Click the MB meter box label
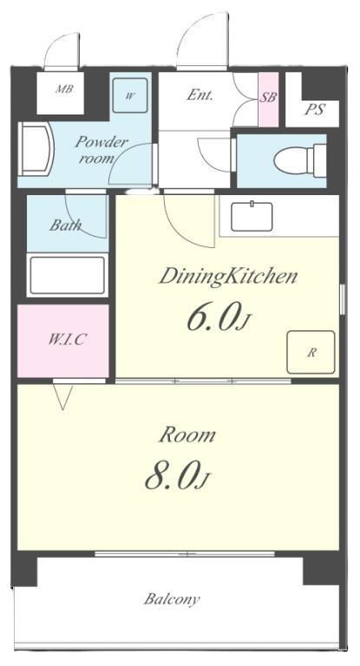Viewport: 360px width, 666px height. click(64, 89)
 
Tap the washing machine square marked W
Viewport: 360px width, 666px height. click(130, 95)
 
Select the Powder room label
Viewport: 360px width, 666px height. click(101, 150)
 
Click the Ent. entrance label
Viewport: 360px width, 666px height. click(200, 95)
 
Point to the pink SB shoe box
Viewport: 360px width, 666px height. click(268, 100)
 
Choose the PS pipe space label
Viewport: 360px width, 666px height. click(315, 110)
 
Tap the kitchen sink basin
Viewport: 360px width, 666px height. click(252, 217)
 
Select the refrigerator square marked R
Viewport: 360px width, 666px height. click(311, 353)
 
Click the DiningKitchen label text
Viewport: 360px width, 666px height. click(228, 277)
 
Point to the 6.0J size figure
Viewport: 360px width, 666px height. click(216, 318)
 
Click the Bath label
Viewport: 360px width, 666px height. click(65, 225)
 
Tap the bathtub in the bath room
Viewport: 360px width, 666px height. click(68, 275)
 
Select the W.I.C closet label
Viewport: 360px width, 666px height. click(68, 339)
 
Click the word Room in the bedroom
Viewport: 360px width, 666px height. click(187, 435)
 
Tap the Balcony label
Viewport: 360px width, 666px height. click(171, 599)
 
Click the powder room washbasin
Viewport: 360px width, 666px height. click(36, 148)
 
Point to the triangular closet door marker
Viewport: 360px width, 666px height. click(63, 396)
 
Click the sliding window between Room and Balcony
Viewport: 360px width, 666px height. click(185, 554)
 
